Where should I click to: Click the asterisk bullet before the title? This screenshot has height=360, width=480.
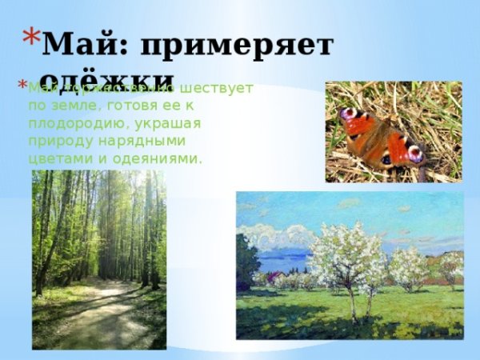pos(30,36)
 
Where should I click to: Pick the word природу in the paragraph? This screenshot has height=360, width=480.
pos(59,141)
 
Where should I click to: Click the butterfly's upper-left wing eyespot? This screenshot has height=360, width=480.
pos(348,114)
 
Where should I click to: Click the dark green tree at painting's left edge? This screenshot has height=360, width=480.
pos(246,264)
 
